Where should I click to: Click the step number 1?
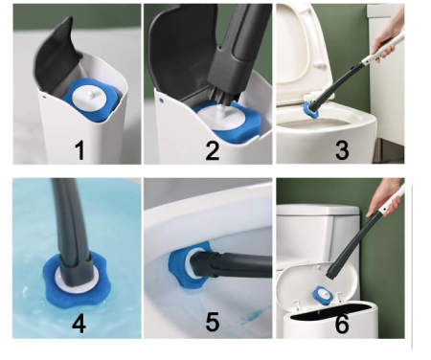(x=79, y=150)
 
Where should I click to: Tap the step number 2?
(x=213, y=150)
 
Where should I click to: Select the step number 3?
(x=342, y=150)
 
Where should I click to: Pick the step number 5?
(x=213, y=322)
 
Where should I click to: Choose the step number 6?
(x=342, y=325)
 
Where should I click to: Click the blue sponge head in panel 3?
(x=310, y=108)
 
